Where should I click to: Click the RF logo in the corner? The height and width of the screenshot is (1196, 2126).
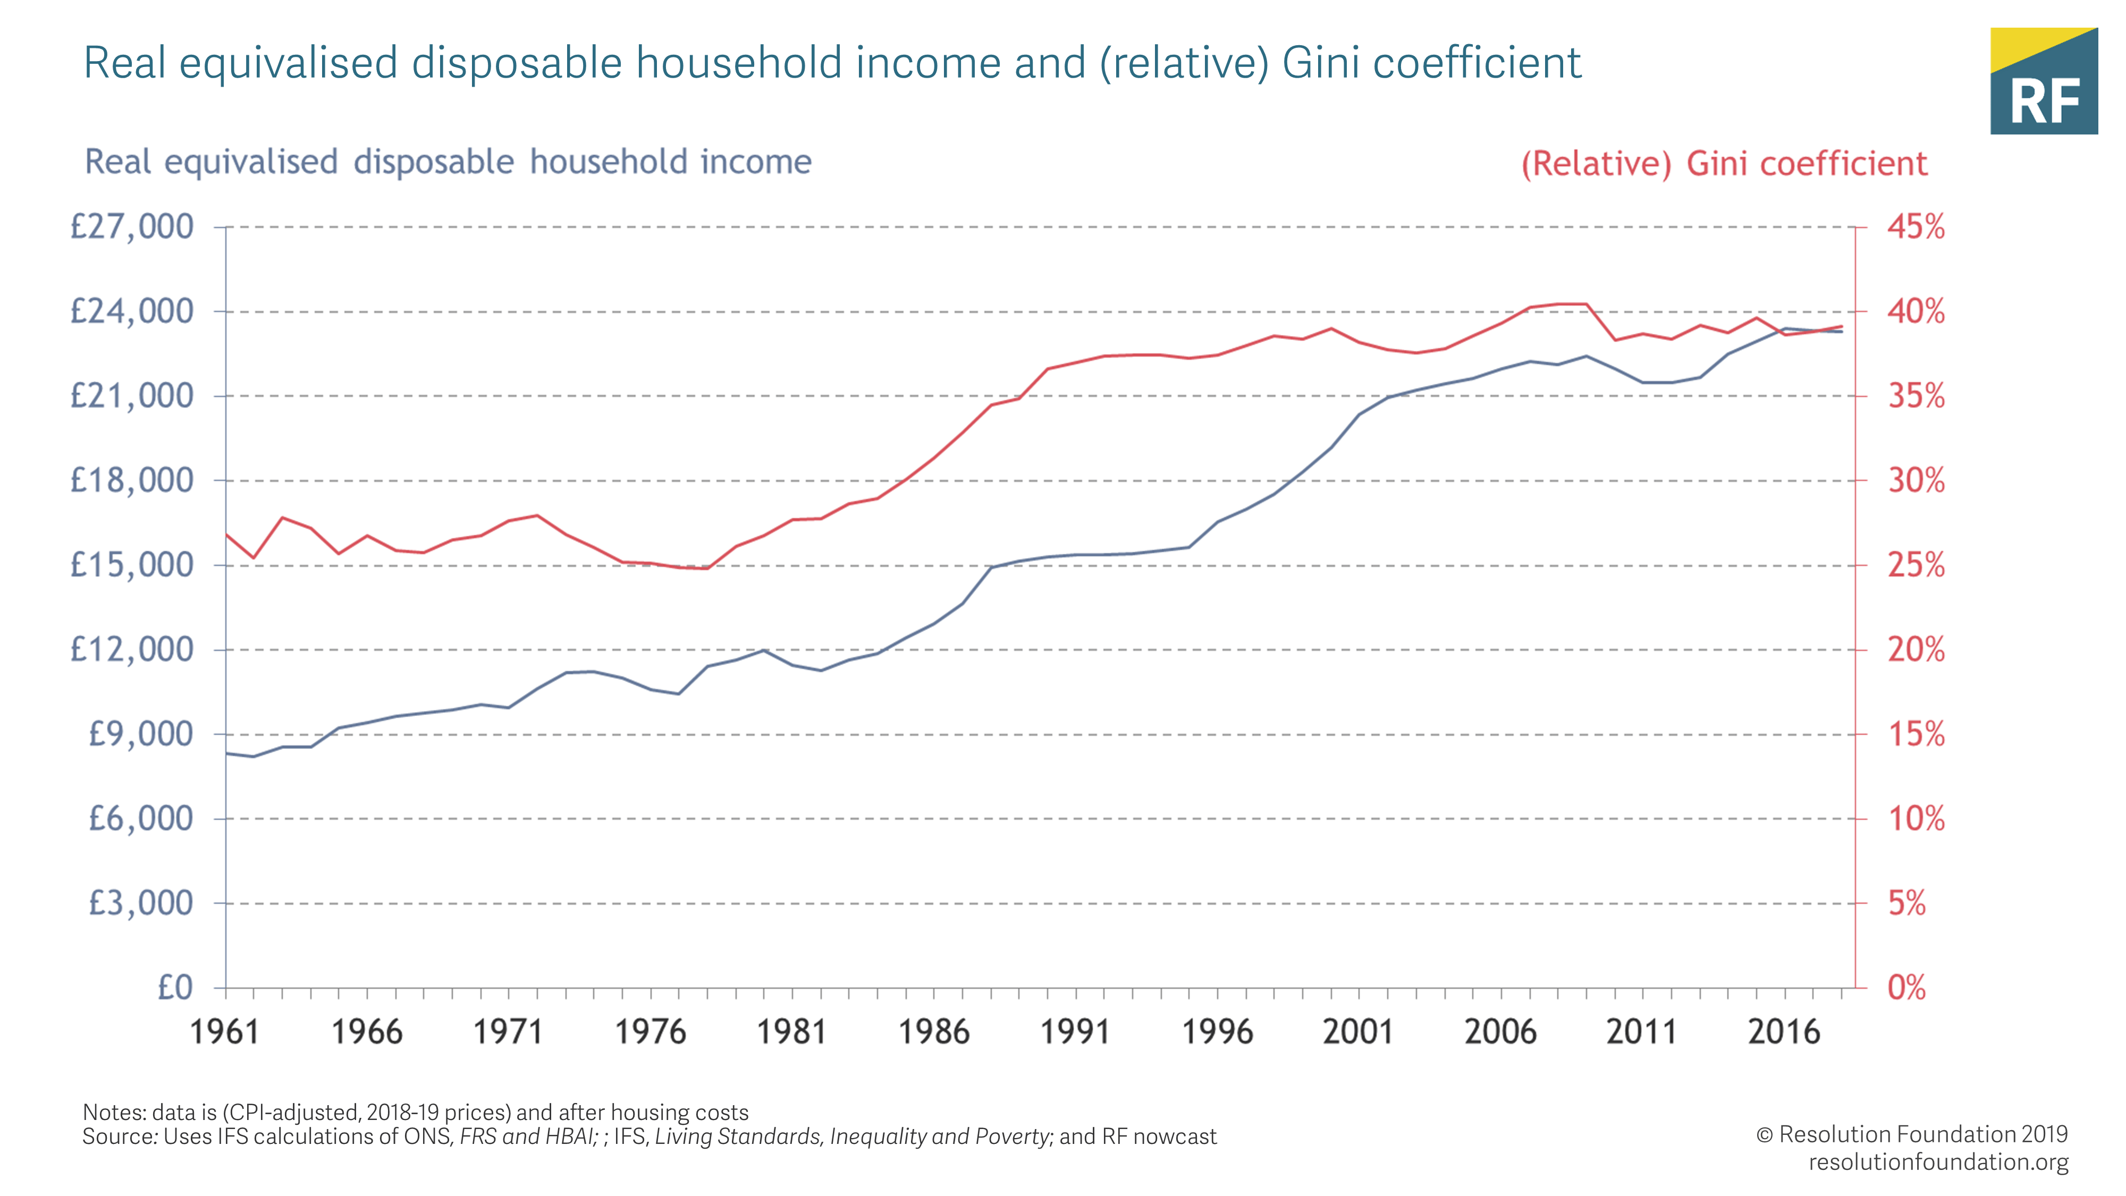(2044, 82)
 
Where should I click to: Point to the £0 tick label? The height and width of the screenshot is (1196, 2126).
(175, 987)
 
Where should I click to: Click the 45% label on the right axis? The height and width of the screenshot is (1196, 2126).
(1916, 227)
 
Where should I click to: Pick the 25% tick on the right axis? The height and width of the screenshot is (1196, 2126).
(1916, 566)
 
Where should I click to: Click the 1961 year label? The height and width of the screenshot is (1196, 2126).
(224, 1032)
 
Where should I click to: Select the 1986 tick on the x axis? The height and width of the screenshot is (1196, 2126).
(933, 1032)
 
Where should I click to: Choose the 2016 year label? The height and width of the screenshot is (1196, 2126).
(1784, 1032)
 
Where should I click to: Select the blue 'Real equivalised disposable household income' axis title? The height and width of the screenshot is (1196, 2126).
(448, 162)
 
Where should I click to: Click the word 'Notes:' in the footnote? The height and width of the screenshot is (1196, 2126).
(112, 1112)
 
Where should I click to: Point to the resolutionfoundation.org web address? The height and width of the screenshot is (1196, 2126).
(1938, 1162)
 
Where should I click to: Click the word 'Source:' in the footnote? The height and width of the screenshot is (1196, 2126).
(120, 1136)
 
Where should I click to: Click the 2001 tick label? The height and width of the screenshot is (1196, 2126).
(1357, 1032)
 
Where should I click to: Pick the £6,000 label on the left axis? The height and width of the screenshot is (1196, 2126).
(140, 819)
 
